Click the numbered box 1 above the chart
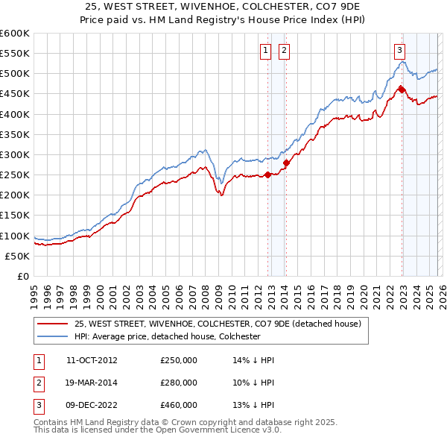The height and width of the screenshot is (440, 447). pos(265,51)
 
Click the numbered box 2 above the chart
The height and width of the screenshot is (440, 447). pos(285,51)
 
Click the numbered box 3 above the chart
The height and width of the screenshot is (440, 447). pos(399,51)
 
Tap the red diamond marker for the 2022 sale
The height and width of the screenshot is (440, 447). pos(402,89)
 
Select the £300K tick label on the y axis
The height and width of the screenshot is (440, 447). pos(15,154)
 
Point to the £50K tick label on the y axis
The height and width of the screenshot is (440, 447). pos(18,256)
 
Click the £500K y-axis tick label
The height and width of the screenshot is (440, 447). pos(15,74)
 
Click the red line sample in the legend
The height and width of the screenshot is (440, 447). pos(51,324)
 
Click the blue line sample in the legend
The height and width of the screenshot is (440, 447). pos(51,336)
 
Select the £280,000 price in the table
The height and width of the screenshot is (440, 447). pos(179,383)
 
